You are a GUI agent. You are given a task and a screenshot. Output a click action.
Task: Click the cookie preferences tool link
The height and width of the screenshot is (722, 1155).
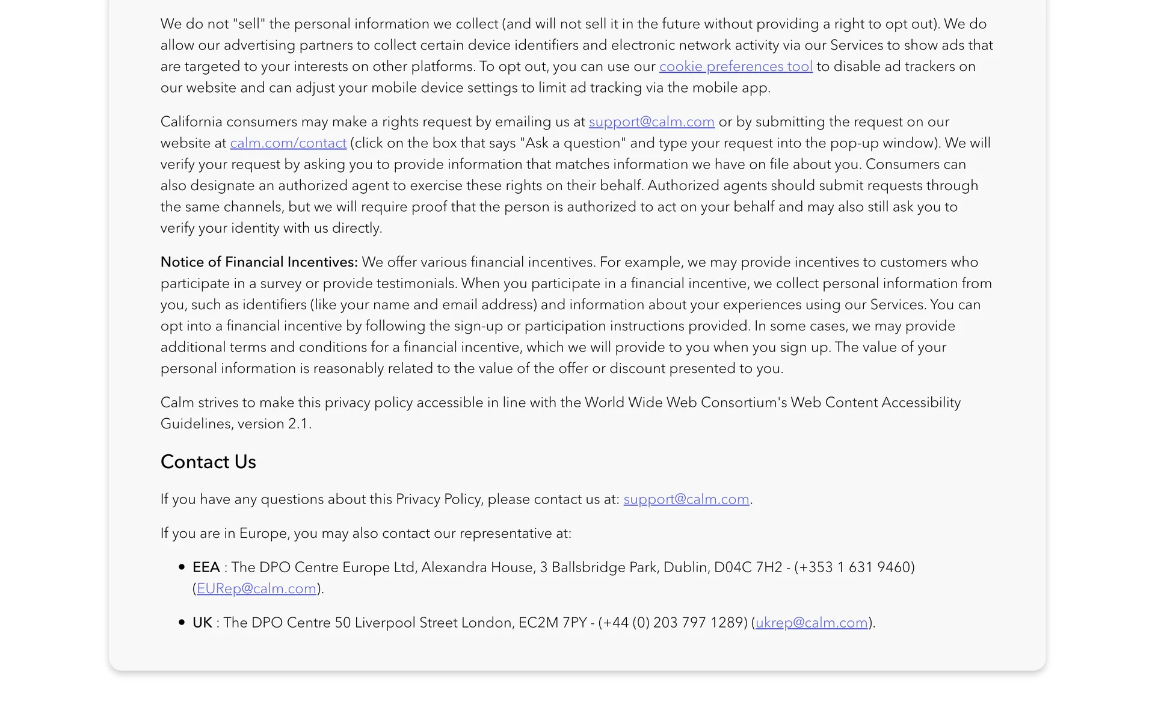(735, 66)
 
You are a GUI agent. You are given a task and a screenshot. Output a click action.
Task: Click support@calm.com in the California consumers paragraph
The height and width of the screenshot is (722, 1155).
(651, 122)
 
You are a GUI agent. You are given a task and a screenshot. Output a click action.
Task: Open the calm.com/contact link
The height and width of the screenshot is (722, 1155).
(288, 143)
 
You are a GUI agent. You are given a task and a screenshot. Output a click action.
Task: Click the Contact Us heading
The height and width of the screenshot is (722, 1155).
(208, 461)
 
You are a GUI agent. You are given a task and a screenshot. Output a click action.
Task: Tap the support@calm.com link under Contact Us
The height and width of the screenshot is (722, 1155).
(686, 499)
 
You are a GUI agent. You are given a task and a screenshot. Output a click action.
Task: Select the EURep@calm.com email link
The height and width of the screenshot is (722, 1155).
(256, 588)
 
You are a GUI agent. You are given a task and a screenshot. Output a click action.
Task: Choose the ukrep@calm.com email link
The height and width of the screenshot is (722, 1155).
(812, 623)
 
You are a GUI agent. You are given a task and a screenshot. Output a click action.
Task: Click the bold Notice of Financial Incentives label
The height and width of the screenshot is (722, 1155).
(259, 262)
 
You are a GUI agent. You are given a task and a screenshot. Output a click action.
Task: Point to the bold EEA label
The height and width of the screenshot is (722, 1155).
(206, 567)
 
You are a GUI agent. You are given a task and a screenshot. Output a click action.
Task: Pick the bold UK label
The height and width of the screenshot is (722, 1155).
(202, 623)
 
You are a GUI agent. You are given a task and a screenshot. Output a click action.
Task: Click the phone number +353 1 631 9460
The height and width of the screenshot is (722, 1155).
(854, 567)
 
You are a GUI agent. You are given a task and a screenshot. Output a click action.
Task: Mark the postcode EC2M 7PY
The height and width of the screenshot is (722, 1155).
(552, 623)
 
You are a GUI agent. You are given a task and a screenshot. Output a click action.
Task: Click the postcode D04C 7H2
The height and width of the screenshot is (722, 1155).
(748, 567)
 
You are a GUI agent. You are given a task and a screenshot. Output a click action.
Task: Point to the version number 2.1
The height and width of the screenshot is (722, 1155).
(298, 424)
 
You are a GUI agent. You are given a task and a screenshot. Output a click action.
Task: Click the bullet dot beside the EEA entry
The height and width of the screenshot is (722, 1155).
(182, 567)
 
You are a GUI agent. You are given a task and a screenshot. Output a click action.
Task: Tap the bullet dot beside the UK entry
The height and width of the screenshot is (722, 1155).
(182, 622)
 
